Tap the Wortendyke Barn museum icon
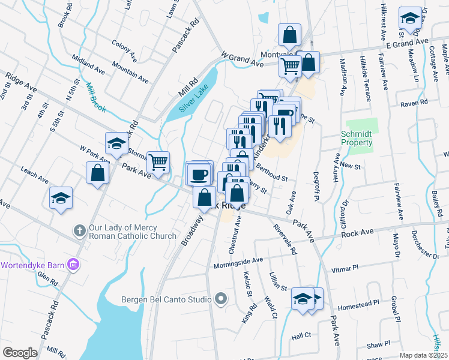point(73,264)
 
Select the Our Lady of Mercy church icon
point(80,230)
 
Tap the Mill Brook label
point(96,94)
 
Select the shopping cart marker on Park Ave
point(158,161)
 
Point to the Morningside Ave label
point(239,263)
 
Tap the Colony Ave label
point(125,45)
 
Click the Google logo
point(20,352)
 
